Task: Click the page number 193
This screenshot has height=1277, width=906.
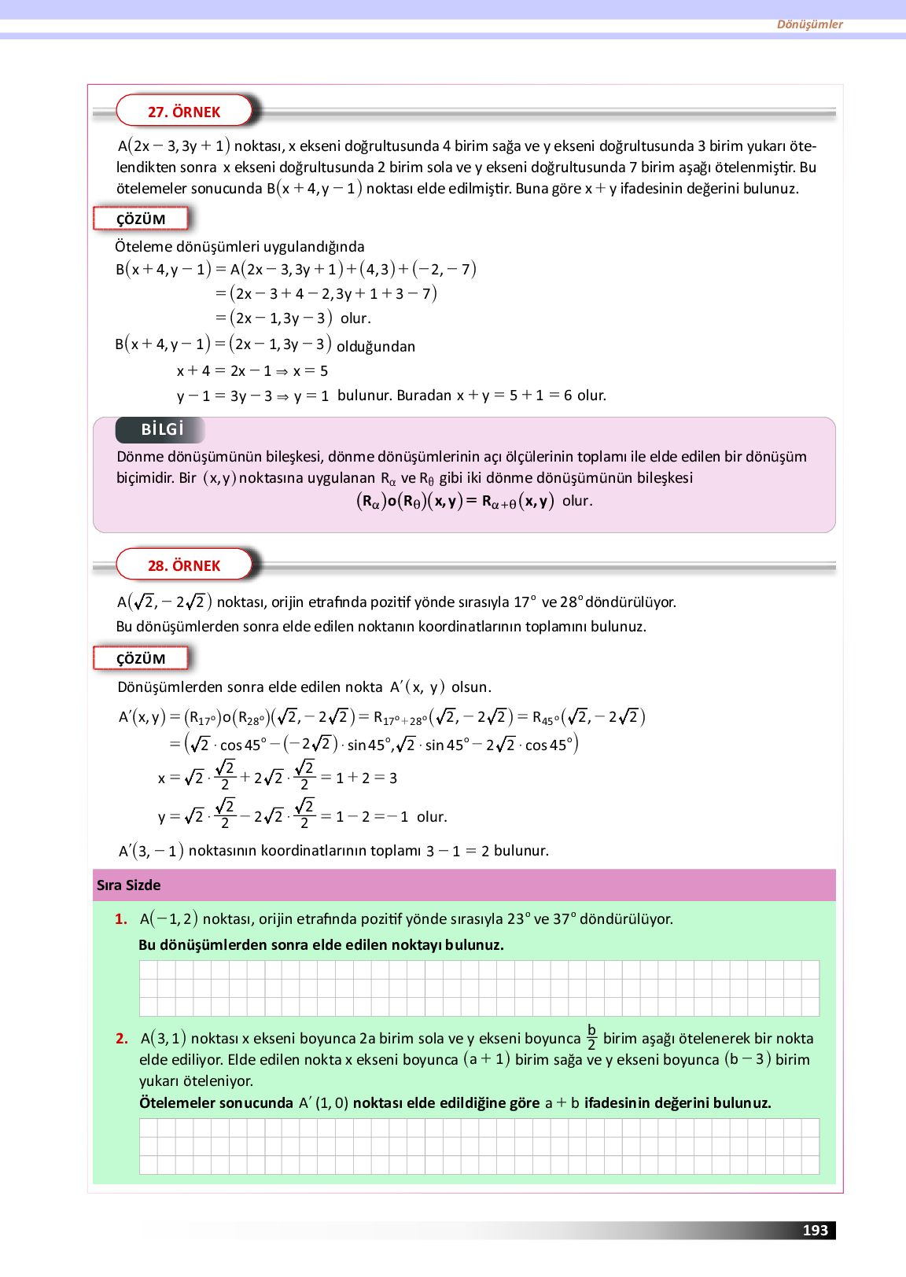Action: (815, 1230)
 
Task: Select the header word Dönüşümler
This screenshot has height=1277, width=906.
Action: (809, 24)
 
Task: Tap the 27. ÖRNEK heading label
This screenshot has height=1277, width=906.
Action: (184, 112)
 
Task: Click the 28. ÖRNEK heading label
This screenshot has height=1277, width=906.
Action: (184, 565)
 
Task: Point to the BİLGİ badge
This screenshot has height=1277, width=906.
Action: (161, 429)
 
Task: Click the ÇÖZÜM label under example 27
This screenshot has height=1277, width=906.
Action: (141, 219)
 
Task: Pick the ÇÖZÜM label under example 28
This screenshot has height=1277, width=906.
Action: (141, 658)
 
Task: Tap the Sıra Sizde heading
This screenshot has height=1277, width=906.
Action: (128, 885)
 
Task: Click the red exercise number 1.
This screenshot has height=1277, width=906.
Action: (121, 918)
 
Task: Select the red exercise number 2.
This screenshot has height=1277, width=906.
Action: (121, 1038)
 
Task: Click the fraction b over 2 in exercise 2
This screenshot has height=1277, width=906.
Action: (591, 1037)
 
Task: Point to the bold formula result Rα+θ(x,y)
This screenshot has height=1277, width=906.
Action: (517, 501)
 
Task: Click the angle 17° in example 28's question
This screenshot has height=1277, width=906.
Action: (525, 602)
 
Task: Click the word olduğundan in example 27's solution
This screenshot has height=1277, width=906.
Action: (376, 346)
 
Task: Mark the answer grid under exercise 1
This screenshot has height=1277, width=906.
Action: (479, 988)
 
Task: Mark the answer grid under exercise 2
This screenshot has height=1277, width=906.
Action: (479, 1146)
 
